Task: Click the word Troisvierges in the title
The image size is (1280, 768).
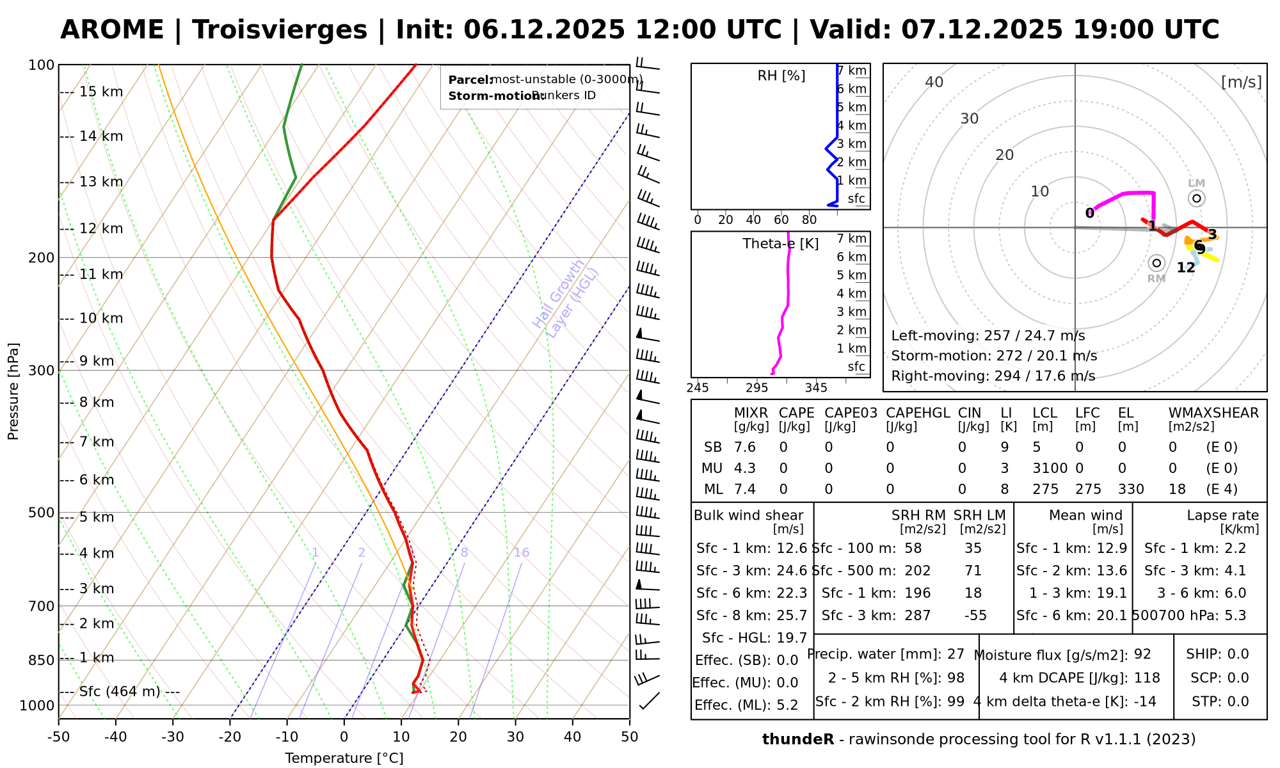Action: (280, 30)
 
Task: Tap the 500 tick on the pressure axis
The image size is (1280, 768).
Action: (42, 512)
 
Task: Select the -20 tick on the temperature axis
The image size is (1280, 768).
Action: (230, 737)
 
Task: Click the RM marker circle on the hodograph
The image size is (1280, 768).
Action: (1156, 263)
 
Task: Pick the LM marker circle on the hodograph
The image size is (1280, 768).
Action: (1197, 198)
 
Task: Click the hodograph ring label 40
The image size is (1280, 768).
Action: (934, 82)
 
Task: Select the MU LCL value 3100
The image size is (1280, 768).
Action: (1050, 468)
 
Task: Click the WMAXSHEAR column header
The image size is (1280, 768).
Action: (1213, 413)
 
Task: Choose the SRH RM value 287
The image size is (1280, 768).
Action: (917, 616)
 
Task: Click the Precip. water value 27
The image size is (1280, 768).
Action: (956, 654)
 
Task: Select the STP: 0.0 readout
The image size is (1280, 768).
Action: (1220, 701)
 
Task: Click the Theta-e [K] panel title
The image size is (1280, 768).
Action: (780, 244)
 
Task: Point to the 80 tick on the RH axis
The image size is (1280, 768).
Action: (809, 220)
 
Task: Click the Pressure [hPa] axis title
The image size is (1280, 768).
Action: (13, 391)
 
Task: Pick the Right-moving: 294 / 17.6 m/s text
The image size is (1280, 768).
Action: (993, 376)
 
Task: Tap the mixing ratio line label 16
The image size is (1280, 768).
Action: (522, 552)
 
